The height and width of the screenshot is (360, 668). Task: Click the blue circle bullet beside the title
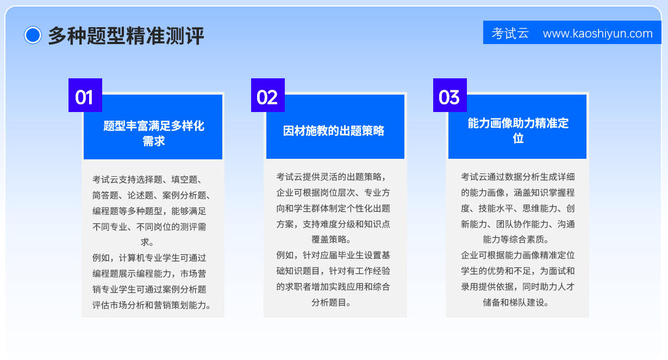tap(33, 35)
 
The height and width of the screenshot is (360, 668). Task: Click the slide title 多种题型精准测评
tap(126, 36)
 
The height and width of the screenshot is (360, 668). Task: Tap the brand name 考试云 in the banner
tap(510, 33)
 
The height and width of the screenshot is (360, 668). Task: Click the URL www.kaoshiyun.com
tap(598, 33)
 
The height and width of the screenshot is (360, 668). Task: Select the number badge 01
tap(85, 95)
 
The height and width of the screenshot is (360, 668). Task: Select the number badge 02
tap(268, 95)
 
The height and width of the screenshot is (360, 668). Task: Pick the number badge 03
tap(450, 95)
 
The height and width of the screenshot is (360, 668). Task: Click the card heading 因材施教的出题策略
tap(334, 131)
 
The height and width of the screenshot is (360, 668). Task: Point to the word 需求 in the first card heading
tap(154, 141)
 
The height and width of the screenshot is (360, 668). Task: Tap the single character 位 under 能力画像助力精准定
tap(518, 138)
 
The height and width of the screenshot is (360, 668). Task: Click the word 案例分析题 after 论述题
tap(184, 195)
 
